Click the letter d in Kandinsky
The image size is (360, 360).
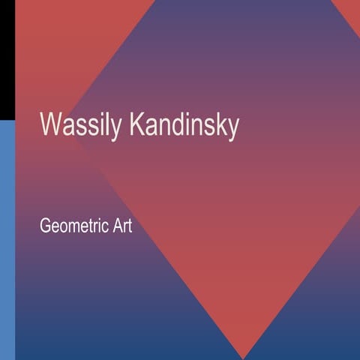(x=181, y=125)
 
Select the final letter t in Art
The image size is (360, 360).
(x=129, y=225)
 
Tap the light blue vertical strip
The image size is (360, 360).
(x=7, y=240)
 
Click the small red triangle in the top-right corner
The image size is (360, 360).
(x=349, y=7)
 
